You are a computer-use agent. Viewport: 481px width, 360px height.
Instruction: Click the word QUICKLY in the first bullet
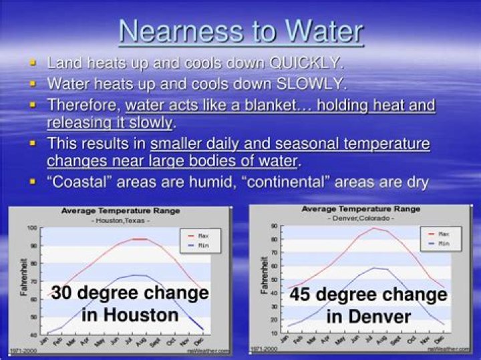pos(305,63)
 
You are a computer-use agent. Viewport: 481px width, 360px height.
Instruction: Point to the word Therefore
pos(83,105)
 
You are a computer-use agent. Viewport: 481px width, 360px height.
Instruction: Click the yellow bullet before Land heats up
pos(32,63)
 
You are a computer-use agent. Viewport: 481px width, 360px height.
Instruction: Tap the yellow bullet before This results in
pos(32,144)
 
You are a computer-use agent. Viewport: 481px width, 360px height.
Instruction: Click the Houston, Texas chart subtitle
pos(120,220)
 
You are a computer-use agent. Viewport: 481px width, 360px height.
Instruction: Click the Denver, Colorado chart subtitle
pos(360,218)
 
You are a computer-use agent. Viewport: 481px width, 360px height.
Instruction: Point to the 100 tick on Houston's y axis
pos(31,228)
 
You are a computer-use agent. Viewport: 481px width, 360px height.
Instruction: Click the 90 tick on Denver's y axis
pos(273,226)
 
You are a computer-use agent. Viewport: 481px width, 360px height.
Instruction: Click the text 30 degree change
pos(130,294)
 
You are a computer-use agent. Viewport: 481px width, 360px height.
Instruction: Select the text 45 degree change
pos(368,295)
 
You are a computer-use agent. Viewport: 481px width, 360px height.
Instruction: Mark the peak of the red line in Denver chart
pos(375,228)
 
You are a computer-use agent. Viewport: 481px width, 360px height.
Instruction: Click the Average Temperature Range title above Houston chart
pos(120,211)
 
